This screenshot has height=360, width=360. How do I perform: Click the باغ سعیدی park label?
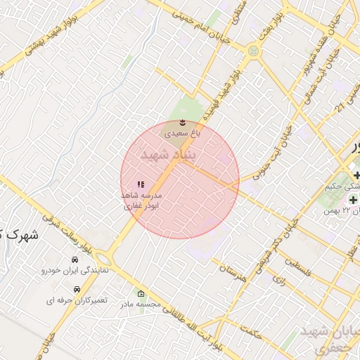tap(183, 131)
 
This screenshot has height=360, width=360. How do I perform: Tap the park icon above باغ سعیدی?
tap(183, 122)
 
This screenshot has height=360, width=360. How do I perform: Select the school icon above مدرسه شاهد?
tap(139, 184)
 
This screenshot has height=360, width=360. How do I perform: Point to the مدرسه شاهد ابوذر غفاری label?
tap(143, 200)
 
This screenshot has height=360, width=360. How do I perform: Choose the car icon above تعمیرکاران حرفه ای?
tap(77, 289)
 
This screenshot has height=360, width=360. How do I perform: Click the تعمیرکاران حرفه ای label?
tap(77, 300)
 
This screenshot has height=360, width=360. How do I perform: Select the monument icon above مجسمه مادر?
tap(141, 293)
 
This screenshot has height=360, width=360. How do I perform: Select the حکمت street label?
tap(250, 331)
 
